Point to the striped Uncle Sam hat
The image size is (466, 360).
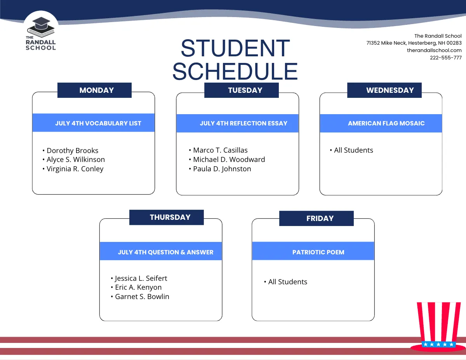point(438,326)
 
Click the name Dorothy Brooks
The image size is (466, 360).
point(72,151)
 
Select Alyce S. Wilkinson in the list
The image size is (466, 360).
point(75,160)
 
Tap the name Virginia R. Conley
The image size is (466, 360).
point(75,169)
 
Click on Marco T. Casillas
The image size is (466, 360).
point(220,150)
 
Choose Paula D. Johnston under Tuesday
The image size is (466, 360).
point(222,169)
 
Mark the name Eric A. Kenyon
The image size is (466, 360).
point(138,287)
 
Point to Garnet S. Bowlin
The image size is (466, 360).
point(142,297)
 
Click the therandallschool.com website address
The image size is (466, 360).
point(434,50)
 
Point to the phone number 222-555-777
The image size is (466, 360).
point(445,57)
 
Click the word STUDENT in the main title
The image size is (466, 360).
point(235,49)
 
